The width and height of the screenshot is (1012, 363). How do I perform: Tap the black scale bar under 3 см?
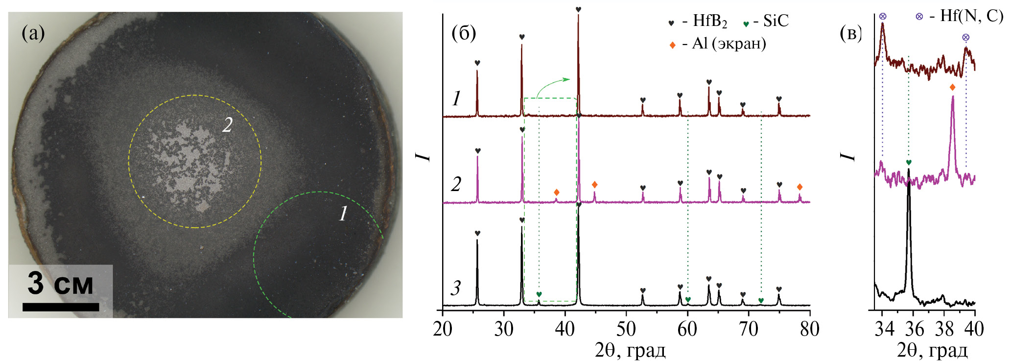point(61,307)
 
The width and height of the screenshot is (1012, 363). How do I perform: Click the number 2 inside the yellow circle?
point(227,125)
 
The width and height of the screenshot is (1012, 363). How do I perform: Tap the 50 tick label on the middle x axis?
point(626,329)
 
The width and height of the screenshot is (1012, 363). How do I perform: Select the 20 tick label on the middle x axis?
point(443,329)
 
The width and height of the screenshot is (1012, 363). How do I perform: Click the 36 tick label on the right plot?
point(914,329)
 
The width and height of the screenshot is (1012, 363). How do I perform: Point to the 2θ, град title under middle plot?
point(630,351)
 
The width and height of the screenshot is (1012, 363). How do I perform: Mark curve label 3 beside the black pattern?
point(456,288)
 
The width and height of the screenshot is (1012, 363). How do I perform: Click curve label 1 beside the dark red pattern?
point(456,98)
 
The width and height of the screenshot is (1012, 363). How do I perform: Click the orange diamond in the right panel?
point(952,88)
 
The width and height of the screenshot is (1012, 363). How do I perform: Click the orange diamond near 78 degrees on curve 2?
point(800,187)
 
